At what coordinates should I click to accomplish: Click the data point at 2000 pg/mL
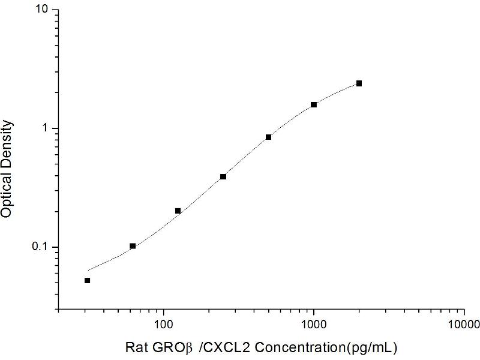coord(359,83)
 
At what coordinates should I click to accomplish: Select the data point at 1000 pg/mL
coord(314,105)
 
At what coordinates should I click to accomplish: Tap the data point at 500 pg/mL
coord(269,137)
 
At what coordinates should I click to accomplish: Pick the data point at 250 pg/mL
coord(223,176)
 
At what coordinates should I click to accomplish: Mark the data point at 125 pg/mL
coord(178,211)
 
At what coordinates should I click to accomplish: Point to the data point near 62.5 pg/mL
coord(133,246)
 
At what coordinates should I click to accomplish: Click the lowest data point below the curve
coord(88,280)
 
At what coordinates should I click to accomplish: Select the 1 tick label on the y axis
coord(46,129)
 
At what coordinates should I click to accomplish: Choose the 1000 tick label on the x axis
coord(313,325)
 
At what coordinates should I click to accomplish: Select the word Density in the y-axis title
coord(8,140)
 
